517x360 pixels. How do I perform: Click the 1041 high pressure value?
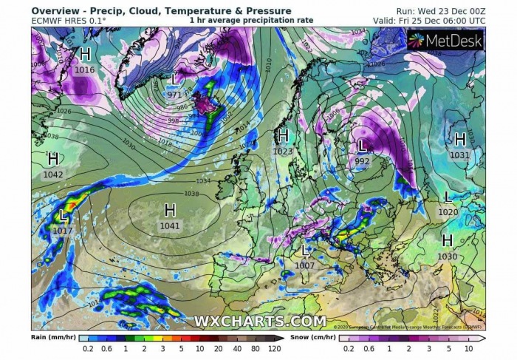[170, 225]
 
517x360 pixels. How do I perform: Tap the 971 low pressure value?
[174, 95]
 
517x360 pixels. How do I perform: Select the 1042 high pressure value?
[53, 174]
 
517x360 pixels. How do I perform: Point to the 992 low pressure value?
[362, 161]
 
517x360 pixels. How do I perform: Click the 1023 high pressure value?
[281, 152]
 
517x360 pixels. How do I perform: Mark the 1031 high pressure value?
[459, 155]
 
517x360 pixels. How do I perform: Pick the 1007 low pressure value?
[304, 265]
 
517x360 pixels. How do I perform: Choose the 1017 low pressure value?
[64, 231]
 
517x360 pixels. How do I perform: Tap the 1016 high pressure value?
[85, 70]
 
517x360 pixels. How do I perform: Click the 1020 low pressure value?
[448, 212]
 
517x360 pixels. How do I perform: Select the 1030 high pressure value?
[447, 257]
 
